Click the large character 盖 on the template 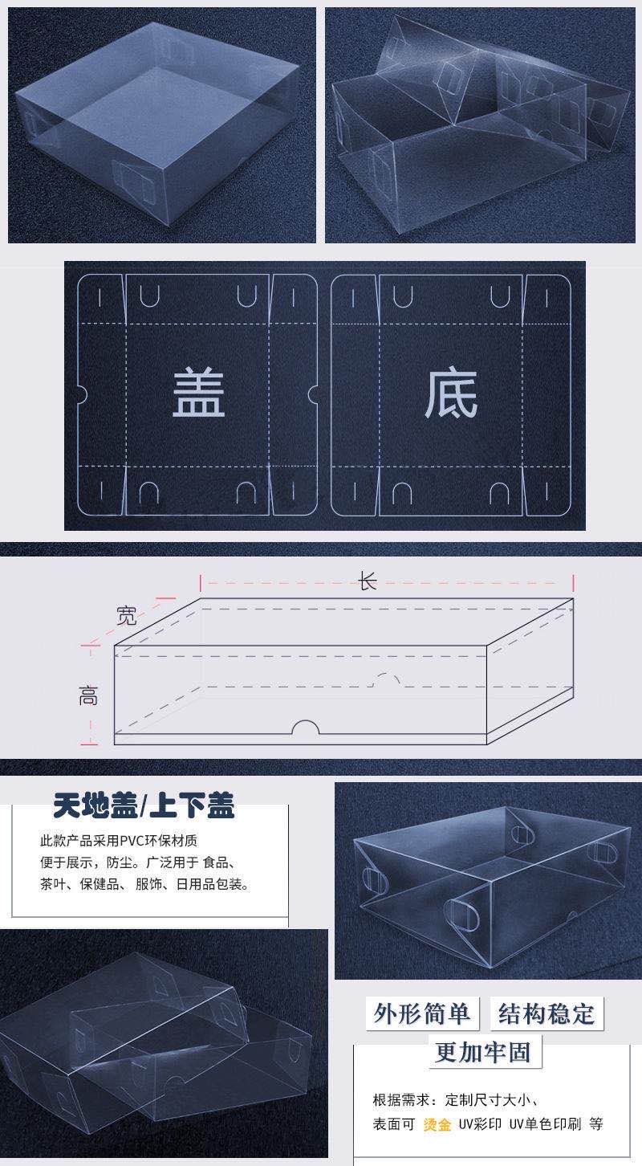point(199,393)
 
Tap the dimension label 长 point(368,581)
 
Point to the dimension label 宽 point(127,616)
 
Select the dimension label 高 point(88,696)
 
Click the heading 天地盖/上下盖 point(144,805)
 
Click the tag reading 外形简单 point(422,1013)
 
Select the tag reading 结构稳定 point(547,1013)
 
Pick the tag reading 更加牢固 point(484,1051)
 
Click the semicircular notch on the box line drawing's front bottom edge point(306,728)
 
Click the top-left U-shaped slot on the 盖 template point(149,296)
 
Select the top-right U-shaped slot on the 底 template point(500,296)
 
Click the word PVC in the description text point(131,841)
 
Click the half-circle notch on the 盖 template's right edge point(313,394)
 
